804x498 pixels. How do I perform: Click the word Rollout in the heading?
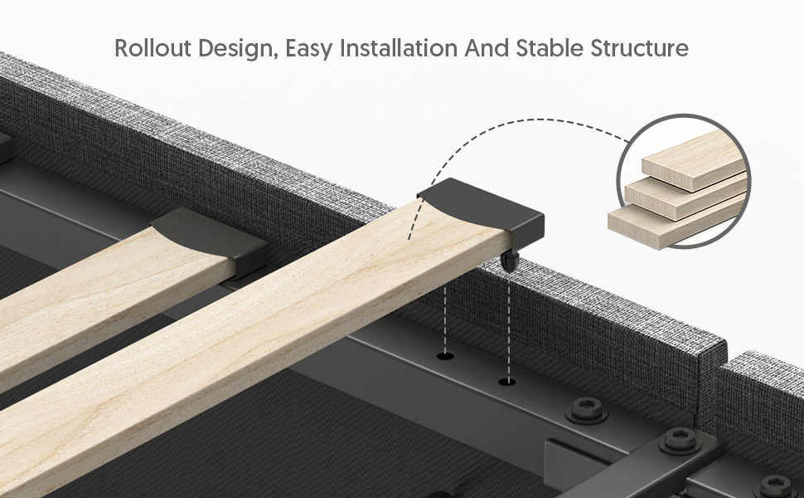click(x=153, y=48)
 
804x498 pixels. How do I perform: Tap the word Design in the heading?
click(x=238, y=49)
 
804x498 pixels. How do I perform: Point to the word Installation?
click(x=399, y=48)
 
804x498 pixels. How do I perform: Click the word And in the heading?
click(x=487, y=48)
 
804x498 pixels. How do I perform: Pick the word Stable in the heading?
click(x=550, y=48)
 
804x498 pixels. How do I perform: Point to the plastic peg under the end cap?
click(x=510, y=261)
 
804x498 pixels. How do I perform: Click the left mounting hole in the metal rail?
click(x=445, y=354)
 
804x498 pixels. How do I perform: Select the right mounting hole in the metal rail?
click(x=507, y=381)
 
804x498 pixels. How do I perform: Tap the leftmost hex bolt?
click(x=587, y=410)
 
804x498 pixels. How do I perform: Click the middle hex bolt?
click(x=680, y=441)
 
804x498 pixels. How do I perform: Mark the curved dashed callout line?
click(x=513, y=122)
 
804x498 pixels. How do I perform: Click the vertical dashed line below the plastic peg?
click(x=509, y=325)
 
